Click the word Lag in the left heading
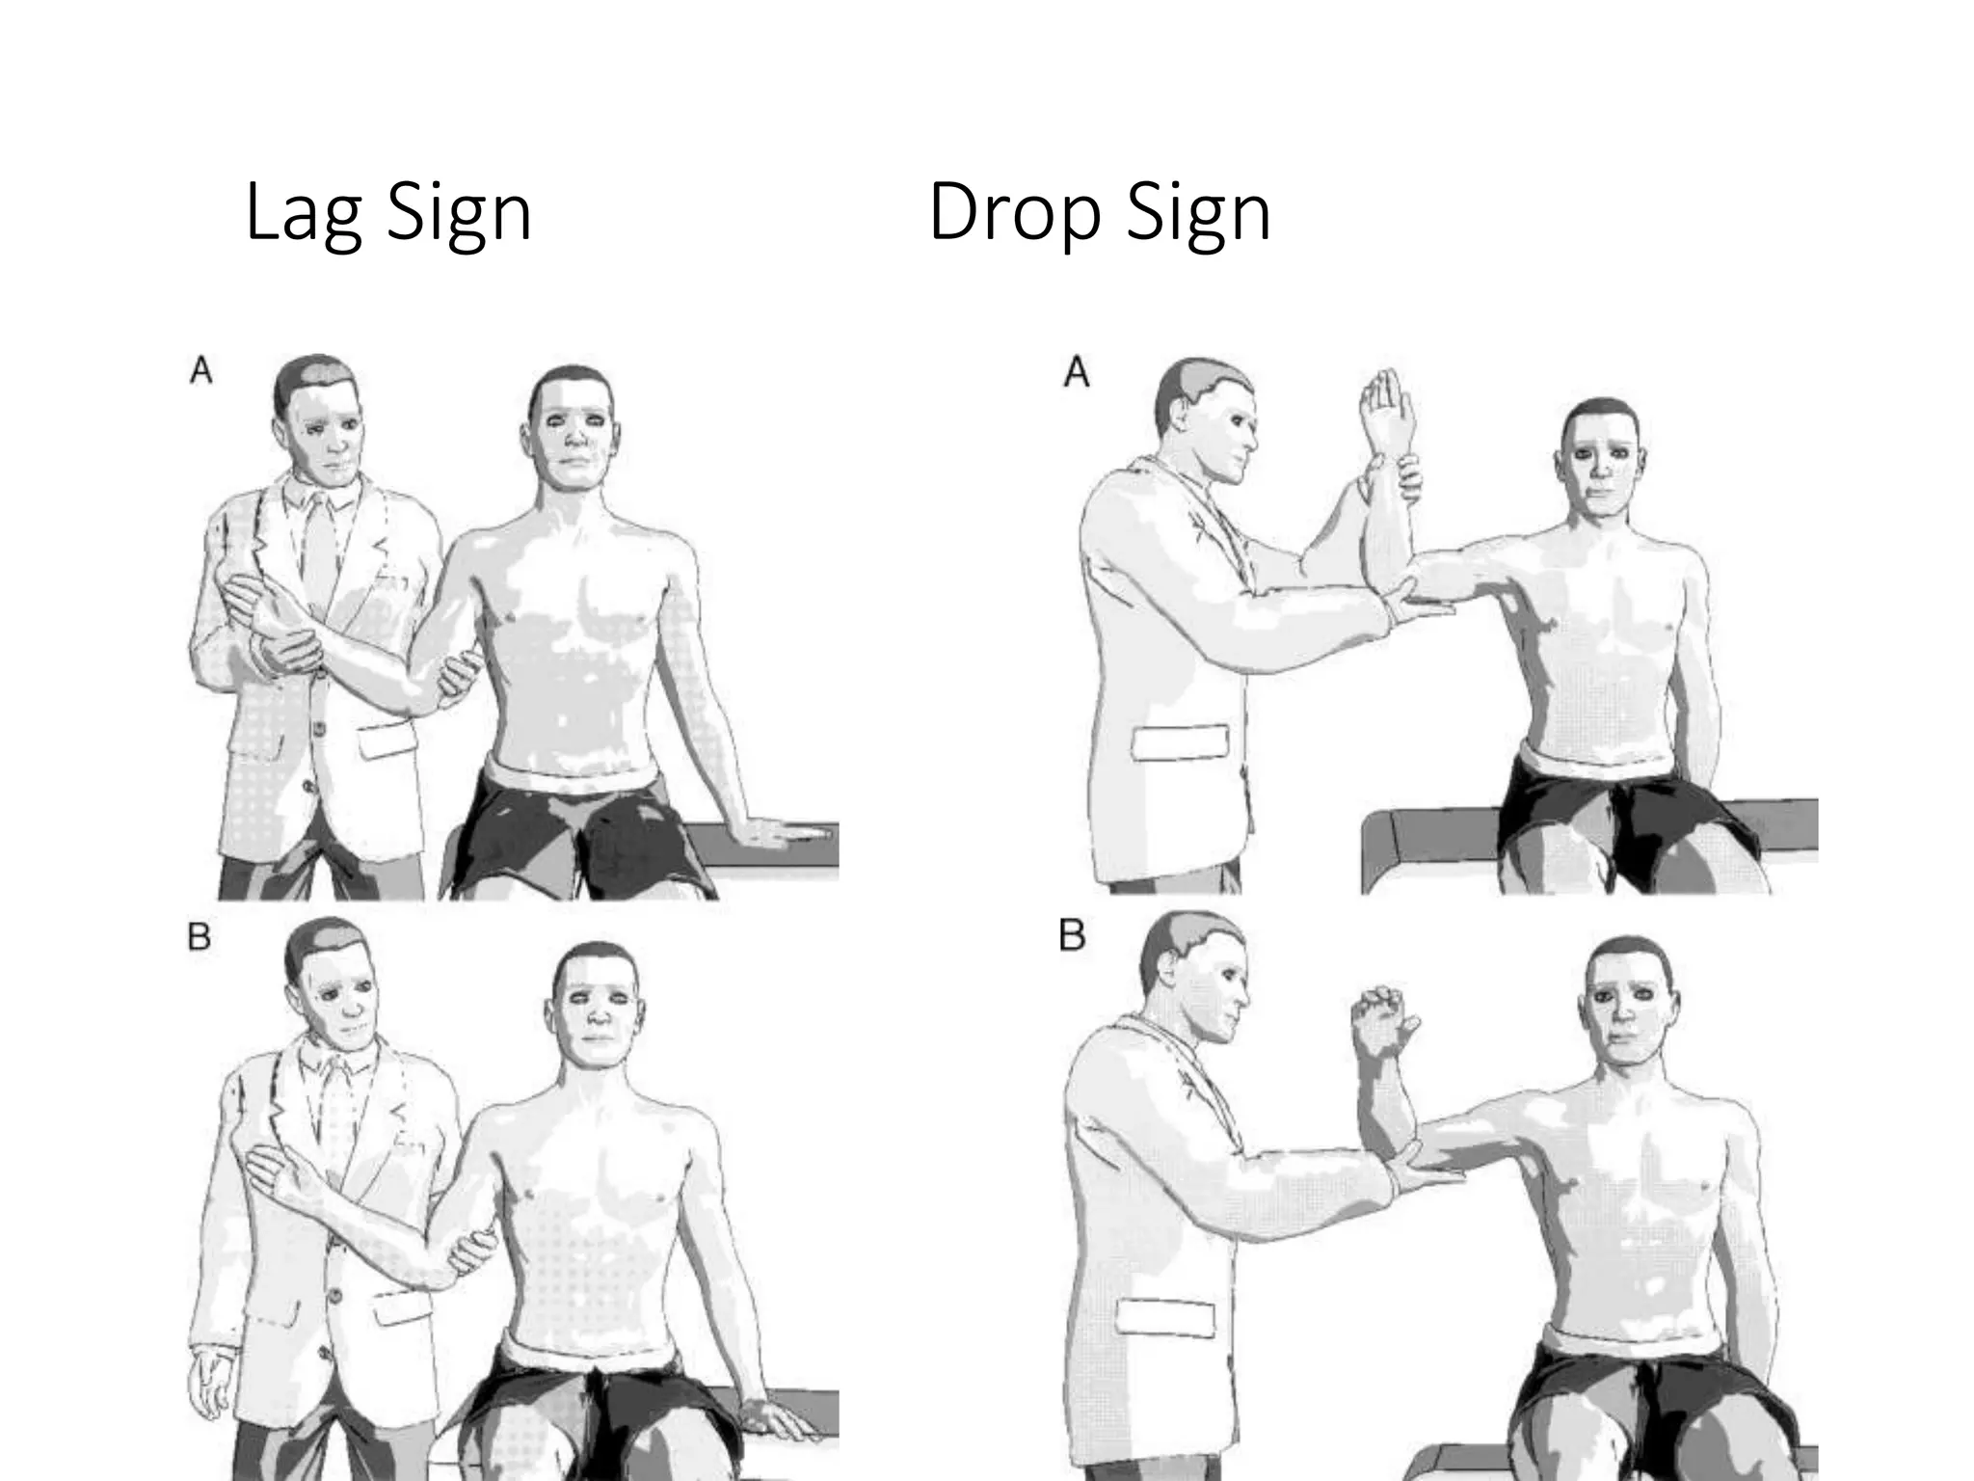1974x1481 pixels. coord(306,214)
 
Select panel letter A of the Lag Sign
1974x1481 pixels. coord(200,370)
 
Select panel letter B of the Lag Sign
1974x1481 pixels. coord(200,937)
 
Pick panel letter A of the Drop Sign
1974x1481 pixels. coord(1077,372)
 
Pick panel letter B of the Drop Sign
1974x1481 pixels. coord(1072,936)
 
